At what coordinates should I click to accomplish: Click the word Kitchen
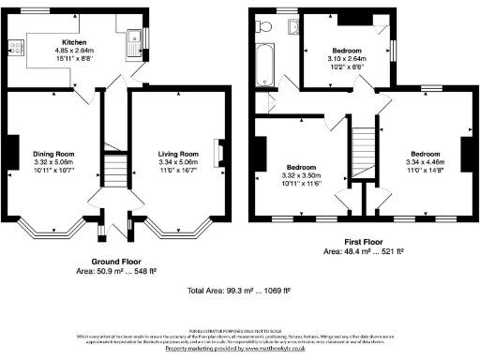pyautogui.click(x=75, y=42)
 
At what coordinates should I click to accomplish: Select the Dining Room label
pyautogui.click(x=53, y=153)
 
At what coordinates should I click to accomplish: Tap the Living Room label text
pyautogui.click(x=176, y=153)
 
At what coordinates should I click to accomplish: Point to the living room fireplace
pyautogui.click(x=218, y=152)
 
